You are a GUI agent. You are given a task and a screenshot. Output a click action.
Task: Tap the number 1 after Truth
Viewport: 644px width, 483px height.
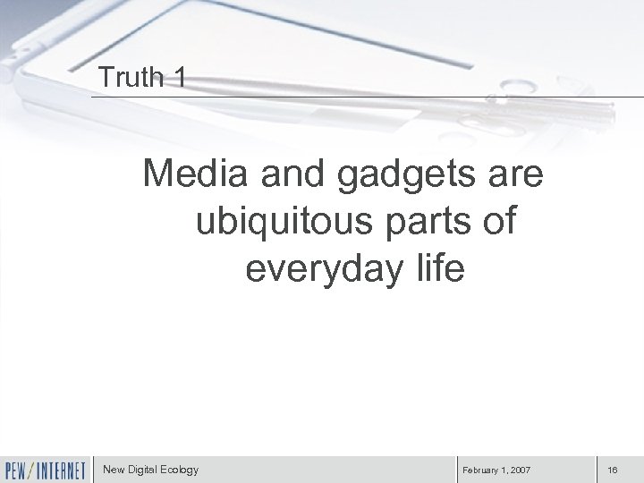click(x=181, y=79)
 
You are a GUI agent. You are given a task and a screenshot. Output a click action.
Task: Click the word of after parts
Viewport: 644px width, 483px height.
click(x=496, y=221)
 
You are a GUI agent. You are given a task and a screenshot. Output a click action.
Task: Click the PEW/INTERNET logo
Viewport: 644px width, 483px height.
click(x=45, y=469)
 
